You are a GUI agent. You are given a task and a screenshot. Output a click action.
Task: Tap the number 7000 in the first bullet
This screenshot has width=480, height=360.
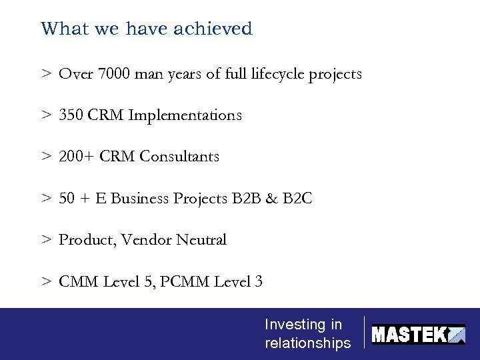(114, 74)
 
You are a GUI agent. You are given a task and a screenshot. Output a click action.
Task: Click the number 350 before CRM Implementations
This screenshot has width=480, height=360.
(71, 115)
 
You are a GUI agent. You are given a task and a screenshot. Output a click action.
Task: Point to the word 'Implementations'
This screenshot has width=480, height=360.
(185, 115)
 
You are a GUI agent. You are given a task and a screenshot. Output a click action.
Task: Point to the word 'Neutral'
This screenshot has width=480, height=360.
(201, 240)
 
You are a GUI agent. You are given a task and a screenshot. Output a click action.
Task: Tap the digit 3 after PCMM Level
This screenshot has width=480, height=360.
(259, 282)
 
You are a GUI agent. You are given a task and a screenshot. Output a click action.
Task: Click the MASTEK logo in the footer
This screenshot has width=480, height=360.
(418, 334)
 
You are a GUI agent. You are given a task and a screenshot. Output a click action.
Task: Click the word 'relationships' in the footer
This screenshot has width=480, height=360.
(307, 343)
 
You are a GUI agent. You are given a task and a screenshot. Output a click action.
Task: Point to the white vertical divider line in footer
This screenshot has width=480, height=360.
(364, 332)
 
